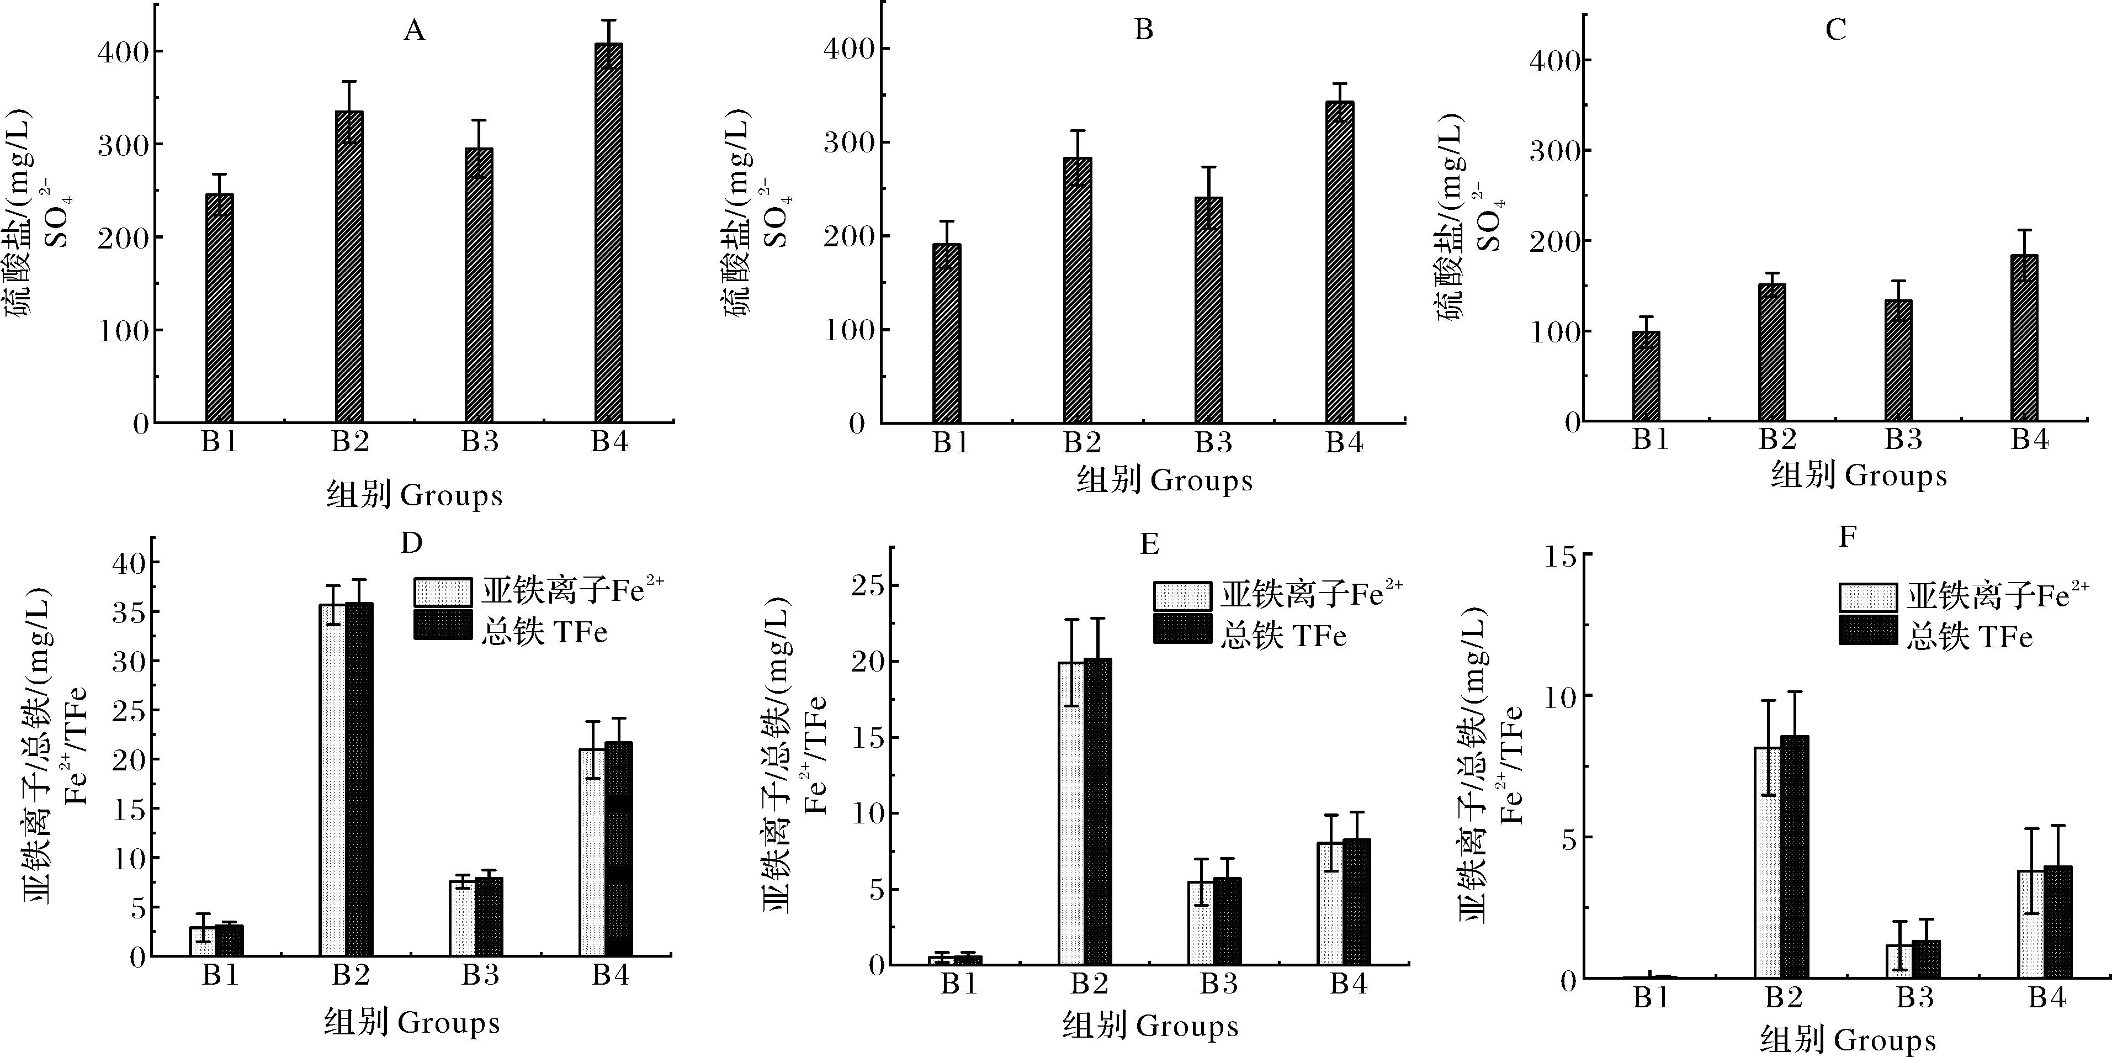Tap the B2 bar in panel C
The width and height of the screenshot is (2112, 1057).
click(x=1772, y=352)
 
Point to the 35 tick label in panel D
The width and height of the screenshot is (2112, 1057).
click(x=130, y=612)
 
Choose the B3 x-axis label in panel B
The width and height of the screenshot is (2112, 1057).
click(x=1213, y=443)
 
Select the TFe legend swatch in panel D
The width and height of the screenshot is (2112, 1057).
click(x=443, y=625)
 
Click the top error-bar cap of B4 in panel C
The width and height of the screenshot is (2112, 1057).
click(x=2024, y=230)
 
